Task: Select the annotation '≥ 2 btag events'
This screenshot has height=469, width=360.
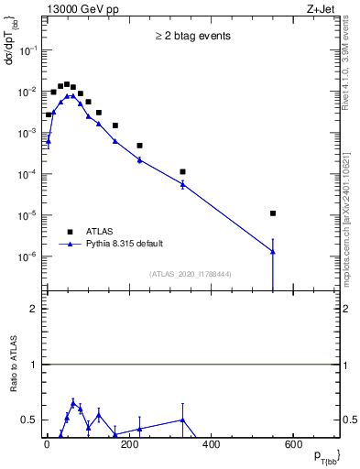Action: (191, 37)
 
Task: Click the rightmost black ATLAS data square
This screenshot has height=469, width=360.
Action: (273, 213)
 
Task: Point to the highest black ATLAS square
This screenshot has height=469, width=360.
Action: (67, 84)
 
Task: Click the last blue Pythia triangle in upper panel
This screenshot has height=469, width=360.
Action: (273, 252)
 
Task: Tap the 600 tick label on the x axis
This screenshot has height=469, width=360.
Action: (293, 446)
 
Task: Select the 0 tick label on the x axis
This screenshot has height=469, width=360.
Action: (47, 446)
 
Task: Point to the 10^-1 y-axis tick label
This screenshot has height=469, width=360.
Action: (30, 51)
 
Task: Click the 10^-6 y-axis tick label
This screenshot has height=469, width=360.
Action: (30, 257)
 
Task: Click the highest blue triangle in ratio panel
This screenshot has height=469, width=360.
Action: (73, 402)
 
